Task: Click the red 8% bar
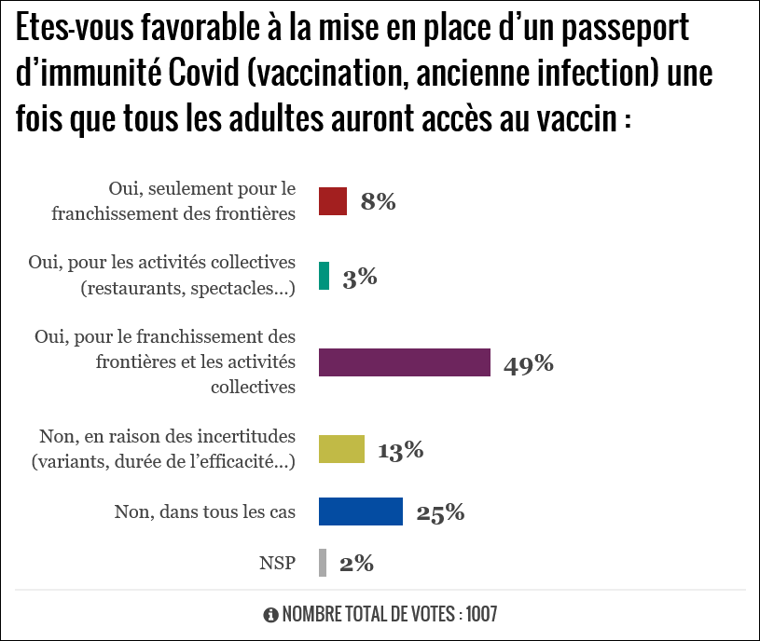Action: click(x=333, y=201)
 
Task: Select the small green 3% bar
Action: click(x=324, y=276)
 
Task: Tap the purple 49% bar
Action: click(x=405, y=362)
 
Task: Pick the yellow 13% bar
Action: click(x=341, y=450)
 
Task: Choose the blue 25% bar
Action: click(x=361, y=511)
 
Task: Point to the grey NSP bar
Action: click(x=323, y=563)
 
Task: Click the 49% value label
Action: click(x=529, y=363)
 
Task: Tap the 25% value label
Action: click(x=440, y=511)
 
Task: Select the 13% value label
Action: click(x=401, y=451)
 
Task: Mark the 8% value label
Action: click(x=379, y=201)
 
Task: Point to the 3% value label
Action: click(x=359, y=277)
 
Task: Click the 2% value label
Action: click(x=355, y=563)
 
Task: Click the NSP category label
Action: click(x=277, y=563)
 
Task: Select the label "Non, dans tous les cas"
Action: click(x=204, y=511)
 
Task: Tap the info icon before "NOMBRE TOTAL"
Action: click(x=271, y=615)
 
